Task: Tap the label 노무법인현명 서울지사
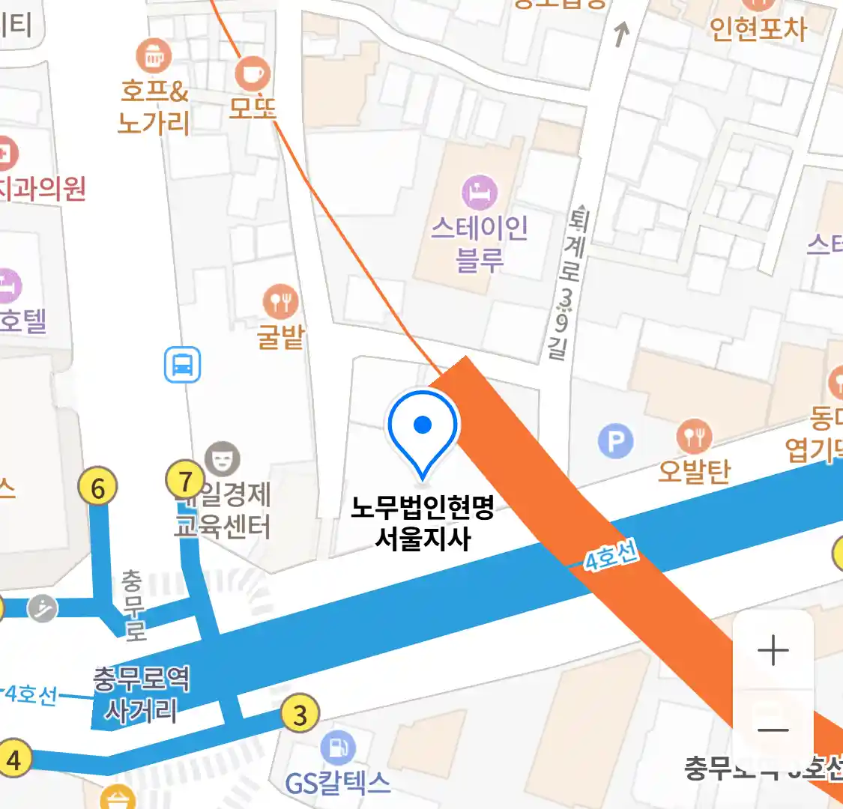click(x=423, y=523)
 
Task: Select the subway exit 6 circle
click(x=98, y=488)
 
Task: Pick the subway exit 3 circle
click(x=300, y=715)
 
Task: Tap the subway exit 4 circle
click(x=13, y=759)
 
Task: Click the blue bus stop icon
click(x=183, y=365)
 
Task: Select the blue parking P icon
click(x=615, y=441)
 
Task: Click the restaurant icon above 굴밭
click(x=280, y=302)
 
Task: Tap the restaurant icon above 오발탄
click(x=694, y=437)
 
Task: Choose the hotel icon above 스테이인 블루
click(x=480, y=193)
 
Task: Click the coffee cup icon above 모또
click(x=253, y=74)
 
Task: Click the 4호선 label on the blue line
click(x=611, y=557)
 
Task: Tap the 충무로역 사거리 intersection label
click(x=142, y=694)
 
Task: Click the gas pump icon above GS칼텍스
click(x=338, y=748)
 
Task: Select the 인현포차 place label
click(x=758, y=28)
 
